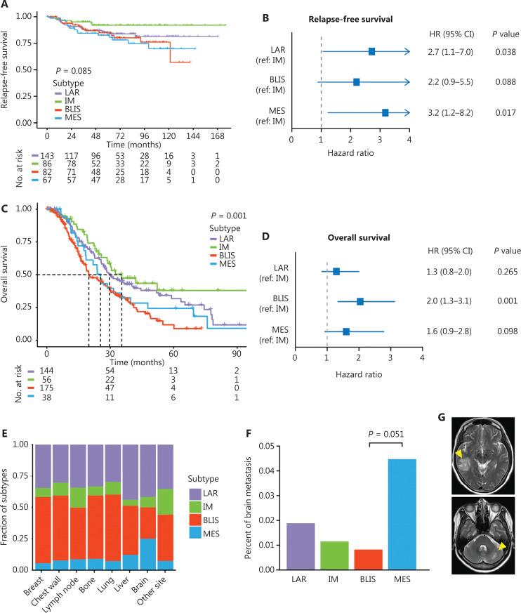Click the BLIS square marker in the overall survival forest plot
(x=360, y=301)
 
